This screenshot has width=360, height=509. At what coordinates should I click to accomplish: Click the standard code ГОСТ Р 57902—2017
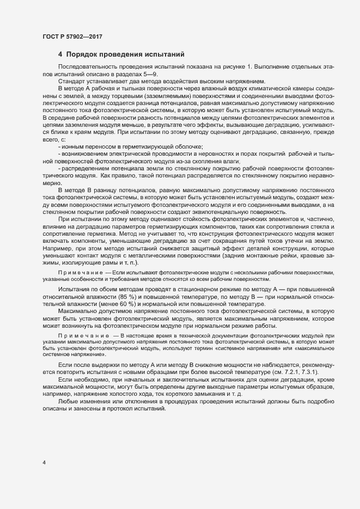click(x=72, y=36)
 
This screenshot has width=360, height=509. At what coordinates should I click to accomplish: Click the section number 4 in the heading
click(x=60, y=54)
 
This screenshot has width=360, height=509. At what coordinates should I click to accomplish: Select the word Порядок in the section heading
click(x=82, y=54)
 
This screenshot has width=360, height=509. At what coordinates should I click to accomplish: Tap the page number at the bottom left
click(x=44, y=463)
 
